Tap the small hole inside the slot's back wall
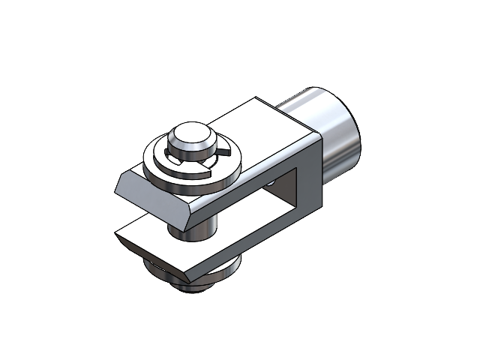pos(270,182)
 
